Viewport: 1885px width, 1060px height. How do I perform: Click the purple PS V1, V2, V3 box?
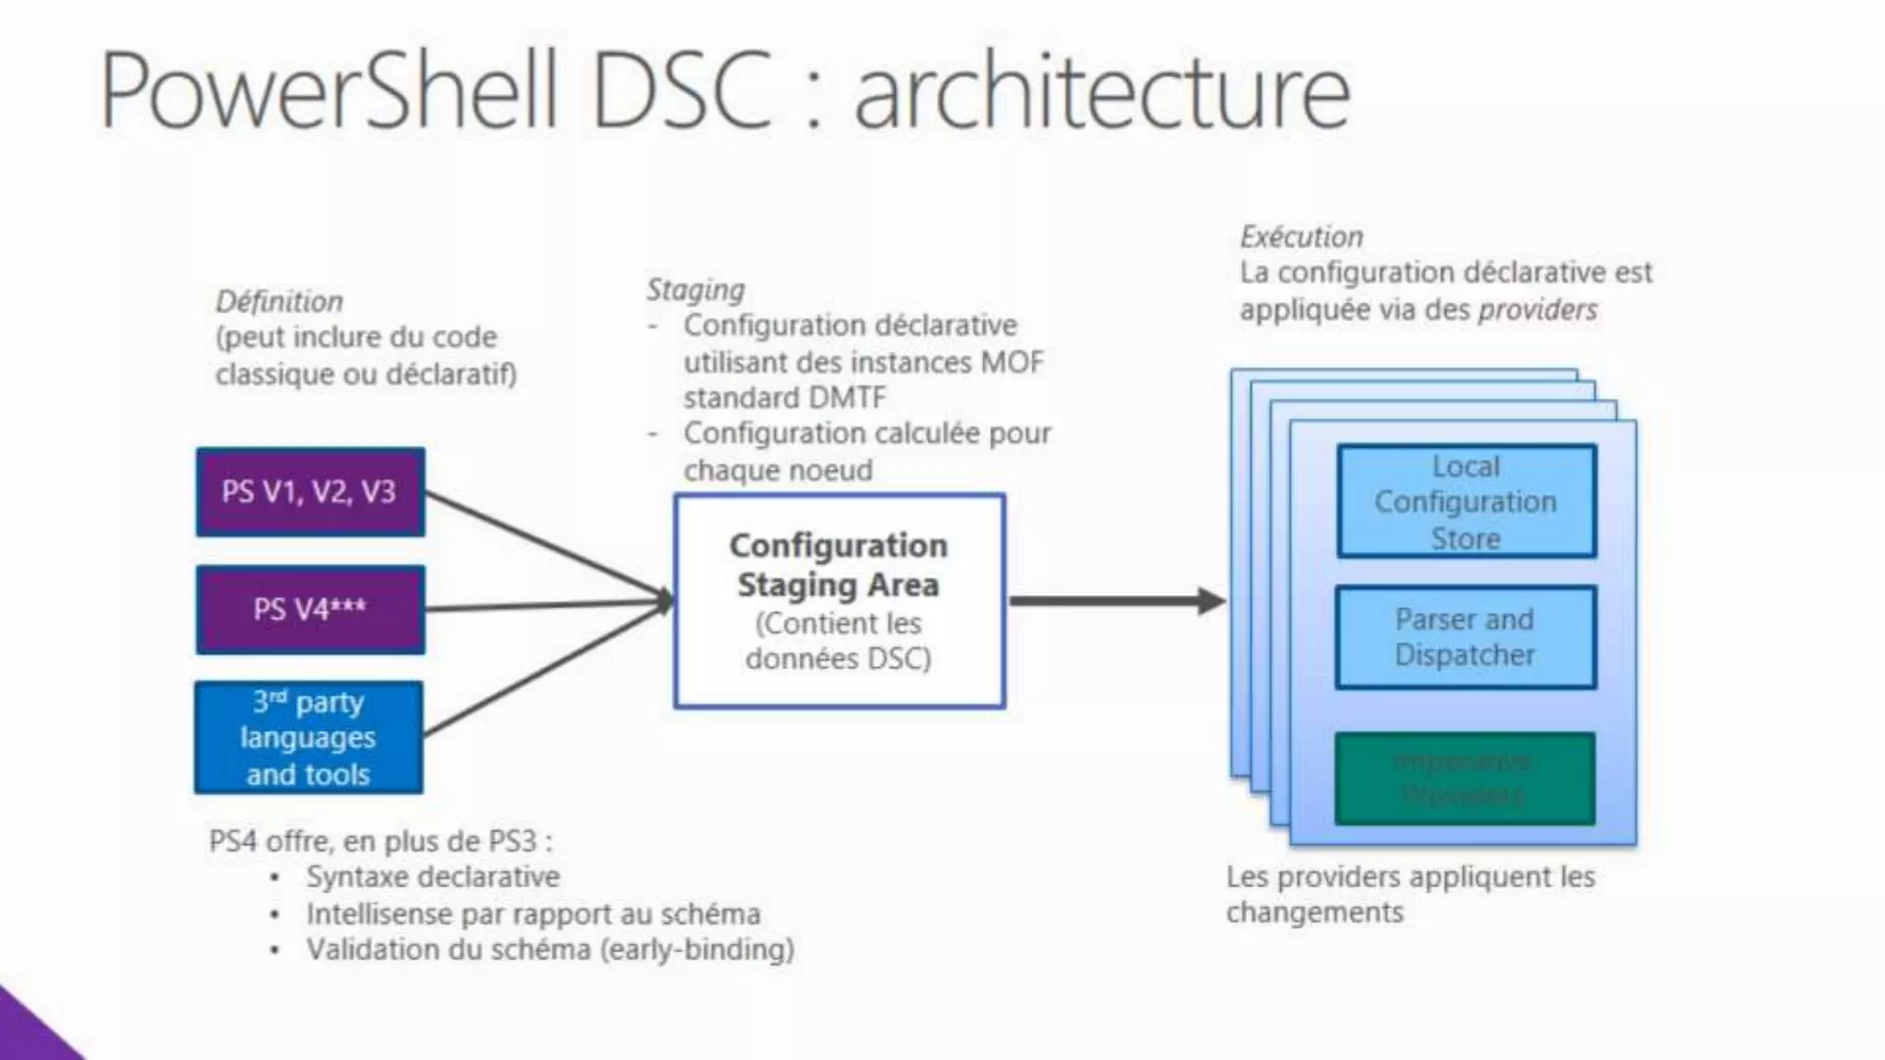[310, 491]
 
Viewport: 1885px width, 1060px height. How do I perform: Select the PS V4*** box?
[310, 609]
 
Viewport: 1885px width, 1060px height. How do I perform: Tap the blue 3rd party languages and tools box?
[308, 737]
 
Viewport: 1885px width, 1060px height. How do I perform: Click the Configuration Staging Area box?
[838, 601]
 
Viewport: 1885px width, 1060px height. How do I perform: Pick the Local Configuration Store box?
[1465, 501]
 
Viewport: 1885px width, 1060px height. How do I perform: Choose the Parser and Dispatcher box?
[1464, 637]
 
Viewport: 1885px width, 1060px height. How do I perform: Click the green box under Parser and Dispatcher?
[1464, 778]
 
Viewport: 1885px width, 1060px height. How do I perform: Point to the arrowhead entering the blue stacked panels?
[1212, 601]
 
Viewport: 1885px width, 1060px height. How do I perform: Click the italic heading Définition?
[279, 301]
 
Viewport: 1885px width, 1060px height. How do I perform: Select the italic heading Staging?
[695, 289]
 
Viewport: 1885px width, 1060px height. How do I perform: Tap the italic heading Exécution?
[1301, 236]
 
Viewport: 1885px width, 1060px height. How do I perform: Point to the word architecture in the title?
[1102, 92]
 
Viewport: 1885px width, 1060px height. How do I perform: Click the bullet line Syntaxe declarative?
[433, 876]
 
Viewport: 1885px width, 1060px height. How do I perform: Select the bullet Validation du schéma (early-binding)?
[549, 949]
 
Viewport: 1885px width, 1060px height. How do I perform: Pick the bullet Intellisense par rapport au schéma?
[533, 914]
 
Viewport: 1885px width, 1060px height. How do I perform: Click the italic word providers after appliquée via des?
[1537, 309]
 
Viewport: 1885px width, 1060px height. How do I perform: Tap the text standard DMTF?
[784, 397]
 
